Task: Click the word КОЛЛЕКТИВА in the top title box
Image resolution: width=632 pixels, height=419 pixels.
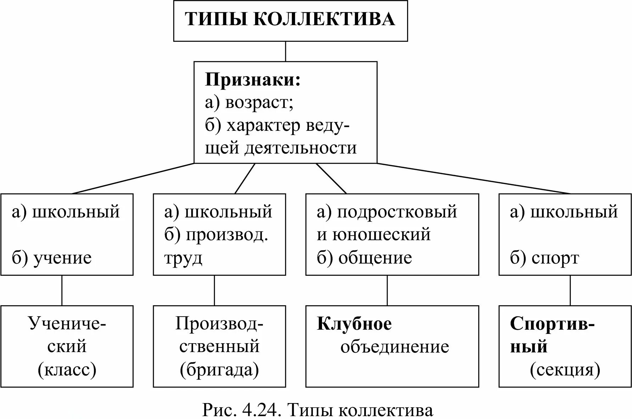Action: (324, 19)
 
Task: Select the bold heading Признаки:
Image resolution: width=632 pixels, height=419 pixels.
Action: (253, 80)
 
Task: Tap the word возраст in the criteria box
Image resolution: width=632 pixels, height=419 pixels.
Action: (259, 103)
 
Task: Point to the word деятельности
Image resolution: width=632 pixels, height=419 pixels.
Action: (300, 148)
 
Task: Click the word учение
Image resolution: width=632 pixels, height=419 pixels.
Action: (62, 258)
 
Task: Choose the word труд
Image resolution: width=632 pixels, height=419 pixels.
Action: (183, 258)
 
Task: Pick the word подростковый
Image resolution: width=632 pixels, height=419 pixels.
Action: (397, 212)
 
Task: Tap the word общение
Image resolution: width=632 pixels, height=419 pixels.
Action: (375, 258)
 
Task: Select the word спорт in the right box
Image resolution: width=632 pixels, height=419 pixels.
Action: (555, 258)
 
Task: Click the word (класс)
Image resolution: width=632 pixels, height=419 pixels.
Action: (67, 370)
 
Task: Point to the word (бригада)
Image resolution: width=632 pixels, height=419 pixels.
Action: (219, 370)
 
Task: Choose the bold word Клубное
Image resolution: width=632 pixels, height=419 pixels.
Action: (354, 324)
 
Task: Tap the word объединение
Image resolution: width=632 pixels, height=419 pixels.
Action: (395, 347)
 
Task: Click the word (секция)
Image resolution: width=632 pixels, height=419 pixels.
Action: (565, 370)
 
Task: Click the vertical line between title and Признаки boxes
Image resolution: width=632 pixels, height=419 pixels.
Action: (286, 51)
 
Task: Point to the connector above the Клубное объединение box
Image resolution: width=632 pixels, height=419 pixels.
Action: (387, 290)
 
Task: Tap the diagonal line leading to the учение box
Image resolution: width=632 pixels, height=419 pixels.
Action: (133, 179)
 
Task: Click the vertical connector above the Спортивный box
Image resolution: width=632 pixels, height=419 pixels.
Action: (570, 290)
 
